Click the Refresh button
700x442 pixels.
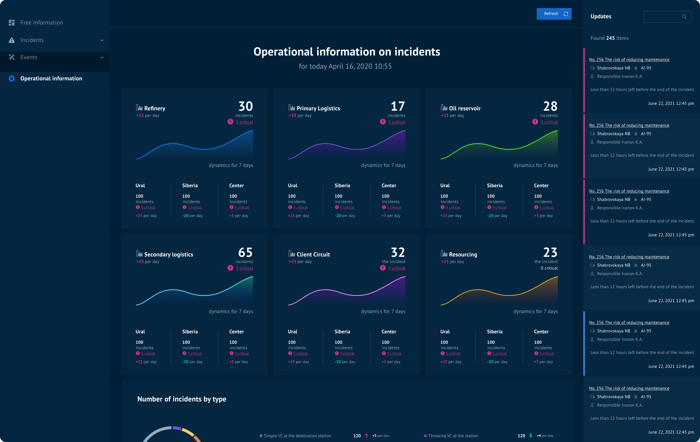point(554,14)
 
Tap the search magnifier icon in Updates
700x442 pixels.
point(684,17)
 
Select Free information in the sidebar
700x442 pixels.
point(42,23)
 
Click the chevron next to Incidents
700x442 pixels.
point(102,40)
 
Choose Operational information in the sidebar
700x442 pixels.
point(51,79)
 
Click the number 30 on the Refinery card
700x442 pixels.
point(246,106)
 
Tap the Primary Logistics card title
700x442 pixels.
point(318,108)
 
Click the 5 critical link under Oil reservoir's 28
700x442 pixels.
point(549,122)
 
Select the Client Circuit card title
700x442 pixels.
point(313,254)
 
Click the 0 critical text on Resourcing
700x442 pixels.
point(549,268)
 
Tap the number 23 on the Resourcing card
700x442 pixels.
point(550,252)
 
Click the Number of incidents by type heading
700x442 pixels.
point(182,399)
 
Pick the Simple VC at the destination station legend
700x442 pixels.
point(297,436)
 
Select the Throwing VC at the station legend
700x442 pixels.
point(453,436)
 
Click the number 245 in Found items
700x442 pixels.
point(610,38)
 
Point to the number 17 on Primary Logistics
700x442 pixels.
point(398,106)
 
